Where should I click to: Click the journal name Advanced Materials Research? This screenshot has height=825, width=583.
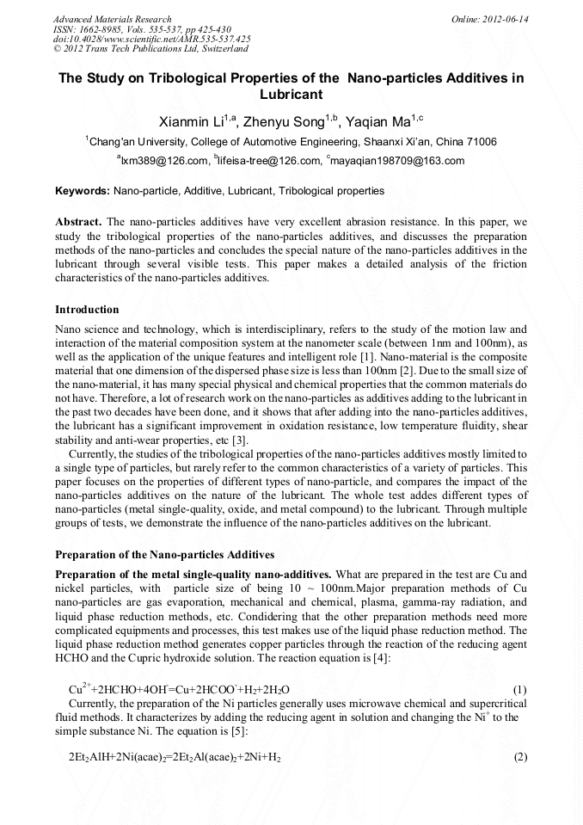click(112, 19)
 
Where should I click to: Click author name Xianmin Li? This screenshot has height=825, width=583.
click(191, 121)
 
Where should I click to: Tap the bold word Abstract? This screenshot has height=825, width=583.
click(77, 221)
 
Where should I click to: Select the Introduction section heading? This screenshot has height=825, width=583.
click(87, 309)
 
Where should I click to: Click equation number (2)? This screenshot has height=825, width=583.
click(519, 757)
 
